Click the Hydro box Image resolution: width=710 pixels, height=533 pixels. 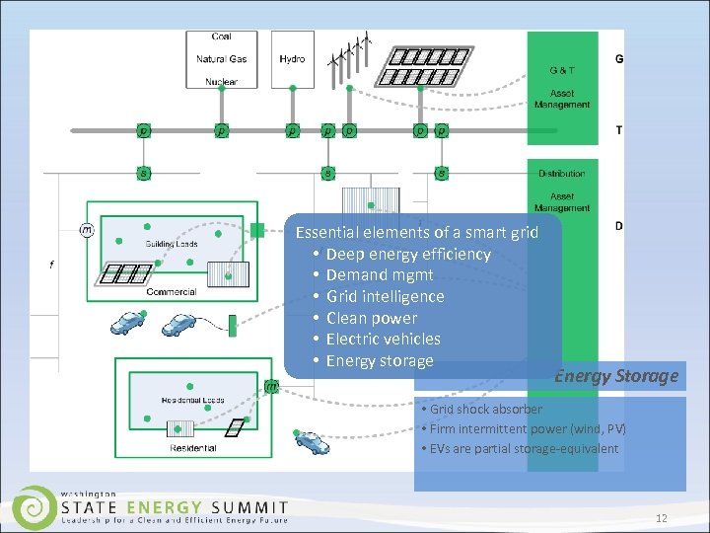coord(292,59)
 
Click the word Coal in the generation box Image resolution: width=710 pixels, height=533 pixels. coord(221,38)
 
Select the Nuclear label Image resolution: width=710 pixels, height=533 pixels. coord(221,82)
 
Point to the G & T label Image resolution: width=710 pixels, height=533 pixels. coord(562,70)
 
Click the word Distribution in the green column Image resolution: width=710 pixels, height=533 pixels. coord(561,174)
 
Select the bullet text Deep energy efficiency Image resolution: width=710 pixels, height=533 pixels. coord(407,254)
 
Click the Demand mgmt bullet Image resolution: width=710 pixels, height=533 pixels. coord(379,275)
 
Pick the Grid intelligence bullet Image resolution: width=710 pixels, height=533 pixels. coord(385,296)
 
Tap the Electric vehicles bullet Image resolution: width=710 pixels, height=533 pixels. coord(383,339)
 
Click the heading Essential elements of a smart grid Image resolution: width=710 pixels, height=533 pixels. coord(417,233)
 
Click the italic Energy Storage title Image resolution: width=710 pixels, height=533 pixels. coord(616,376)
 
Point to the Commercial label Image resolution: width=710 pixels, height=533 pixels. coord(171,292)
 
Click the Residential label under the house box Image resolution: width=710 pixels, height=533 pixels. coord(193,448)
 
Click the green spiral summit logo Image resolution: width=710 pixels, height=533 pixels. coord(35,505)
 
